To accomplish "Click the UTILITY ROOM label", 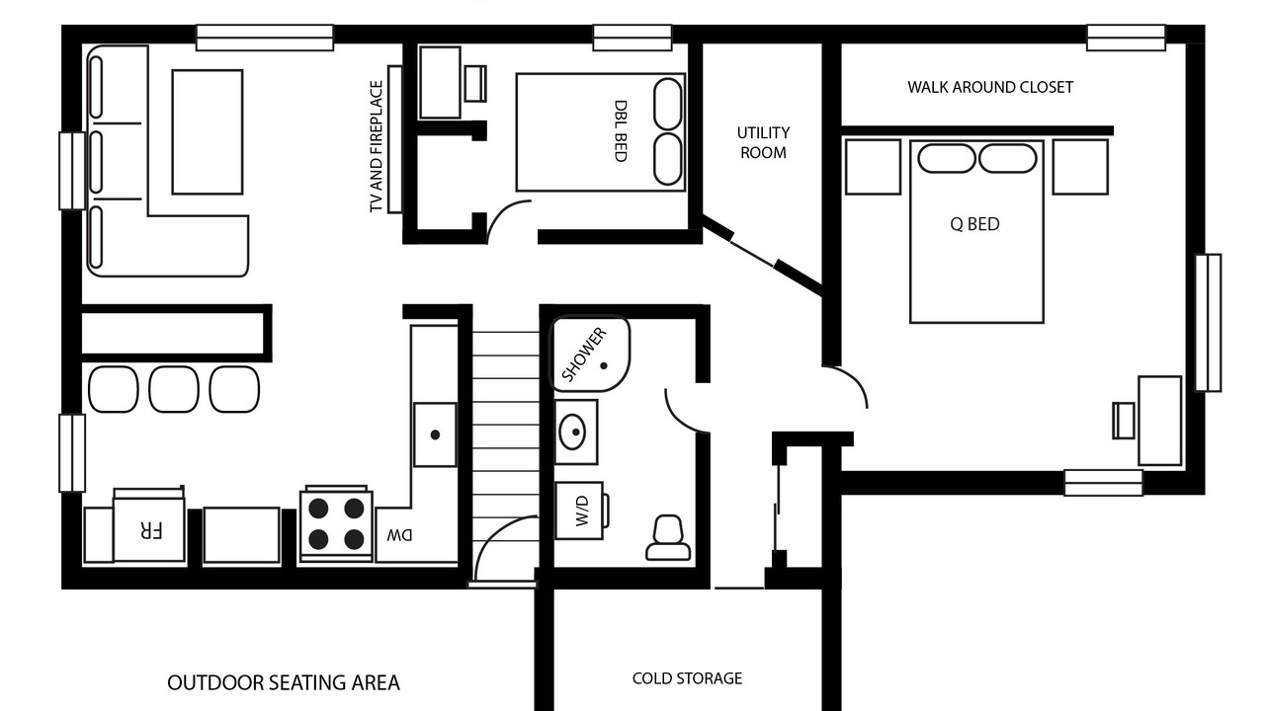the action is [x=763, y=143].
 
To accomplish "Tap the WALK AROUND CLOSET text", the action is [x=990, y=88].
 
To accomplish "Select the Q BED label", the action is [x=974, y=224].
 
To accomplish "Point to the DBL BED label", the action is [x=620, y=131].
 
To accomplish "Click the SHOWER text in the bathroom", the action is [x=584, y=355].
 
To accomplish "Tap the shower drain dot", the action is [x=603, y=365].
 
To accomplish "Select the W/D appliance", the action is [x=580, y=511].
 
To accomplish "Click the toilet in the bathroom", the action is [x=667, y=538].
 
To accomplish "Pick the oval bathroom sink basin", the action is [x=572, y=432].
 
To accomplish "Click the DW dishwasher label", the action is [x=400, y=535].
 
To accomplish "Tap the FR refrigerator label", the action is [x=150, y=530].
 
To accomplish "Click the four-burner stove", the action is [x=336, y=523].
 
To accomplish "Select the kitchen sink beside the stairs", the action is [x=435, y=434].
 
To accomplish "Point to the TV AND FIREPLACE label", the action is [x=377, y=146].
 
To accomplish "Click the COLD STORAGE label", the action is [x=687, y=678].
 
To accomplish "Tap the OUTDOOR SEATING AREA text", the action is [x=284, y=683].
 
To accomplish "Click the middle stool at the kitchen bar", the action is [x=174, y=389].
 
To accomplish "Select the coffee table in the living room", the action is [x=208, y=132].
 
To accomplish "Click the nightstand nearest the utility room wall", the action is [x=873, y=167].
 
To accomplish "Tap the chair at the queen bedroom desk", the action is [x=1124, y=421].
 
